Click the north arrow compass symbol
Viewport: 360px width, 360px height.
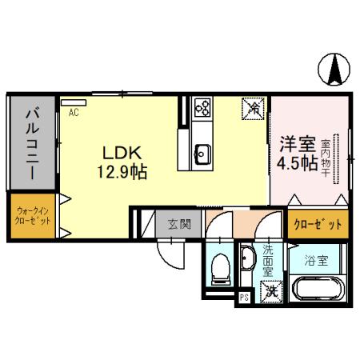[334, 70]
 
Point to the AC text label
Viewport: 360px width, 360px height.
[74, 113]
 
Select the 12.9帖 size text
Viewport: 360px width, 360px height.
[121, 170]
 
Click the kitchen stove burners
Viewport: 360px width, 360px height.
[202, 106]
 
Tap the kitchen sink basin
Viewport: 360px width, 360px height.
[202, 152]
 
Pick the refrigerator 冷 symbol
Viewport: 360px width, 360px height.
[252, 106]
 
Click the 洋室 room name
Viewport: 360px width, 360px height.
[296, 145]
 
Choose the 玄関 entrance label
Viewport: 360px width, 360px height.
[178, 224]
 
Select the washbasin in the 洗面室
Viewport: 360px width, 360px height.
[247, 258]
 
